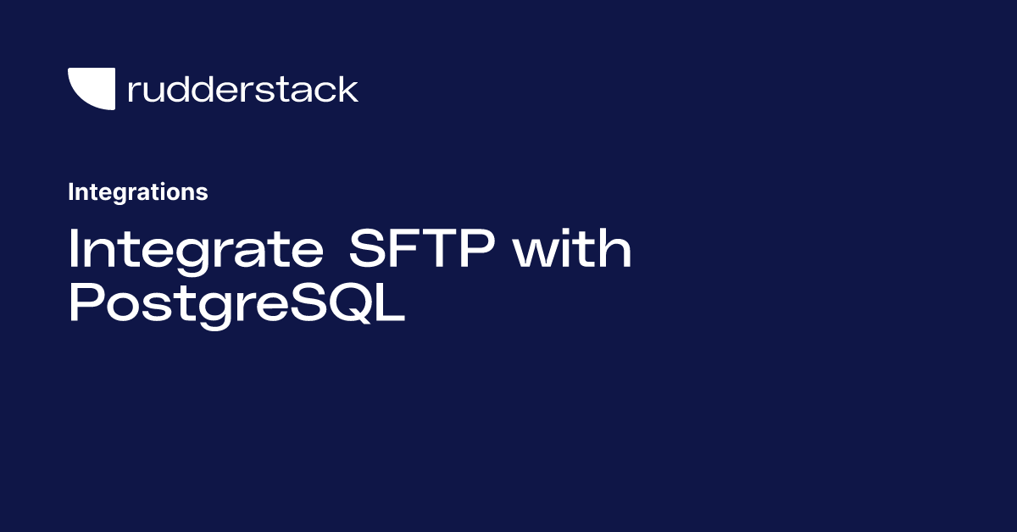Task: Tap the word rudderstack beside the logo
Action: coord(243,89)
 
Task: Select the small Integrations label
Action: coord(138,192)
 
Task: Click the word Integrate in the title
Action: coord(196,252)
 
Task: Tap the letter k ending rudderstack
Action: coord(347,89)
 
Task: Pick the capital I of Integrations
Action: coord(70,192)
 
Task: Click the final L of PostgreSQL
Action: coord(391,302)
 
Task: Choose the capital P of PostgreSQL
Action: coord(86,302)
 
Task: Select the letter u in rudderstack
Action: coord(158,91)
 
